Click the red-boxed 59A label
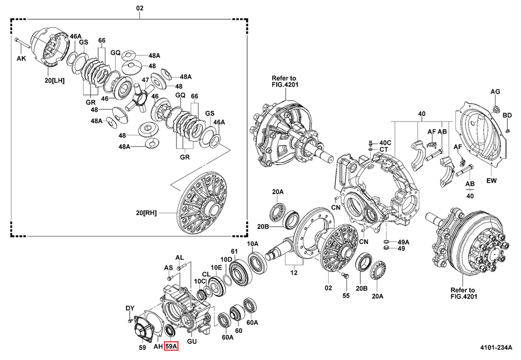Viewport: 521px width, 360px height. coord(172,347)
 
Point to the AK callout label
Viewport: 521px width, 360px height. coord(21,58)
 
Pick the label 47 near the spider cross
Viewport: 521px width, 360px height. coord(145,80)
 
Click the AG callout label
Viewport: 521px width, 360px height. coord(496,92)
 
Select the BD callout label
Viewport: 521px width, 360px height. coord(507,115)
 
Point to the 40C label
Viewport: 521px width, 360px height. coord(385,142)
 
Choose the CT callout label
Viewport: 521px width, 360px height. coord(384,149)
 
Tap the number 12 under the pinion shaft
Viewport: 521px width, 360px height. coord(293,273)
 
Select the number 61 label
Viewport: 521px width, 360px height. coord(235,251)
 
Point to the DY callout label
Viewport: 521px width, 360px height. coord(130,308)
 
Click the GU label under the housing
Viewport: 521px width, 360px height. coord(191,341)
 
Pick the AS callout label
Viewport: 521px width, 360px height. coord(168,267)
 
